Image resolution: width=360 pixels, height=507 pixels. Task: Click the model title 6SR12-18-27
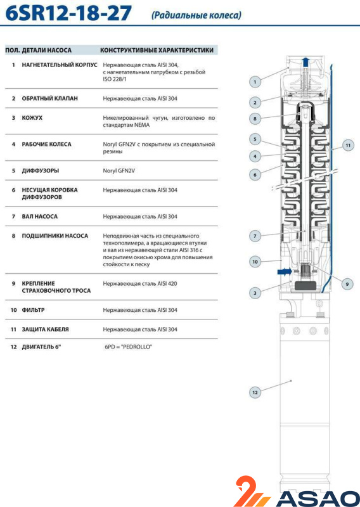[x=68, y=13]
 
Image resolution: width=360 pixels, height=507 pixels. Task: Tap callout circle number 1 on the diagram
[x=255, y=82]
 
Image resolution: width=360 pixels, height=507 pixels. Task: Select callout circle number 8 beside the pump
[x=255, y=119]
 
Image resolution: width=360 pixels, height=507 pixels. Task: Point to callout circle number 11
[x=348, y=145]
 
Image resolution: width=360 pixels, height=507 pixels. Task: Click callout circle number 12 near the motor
[x=255, y=392]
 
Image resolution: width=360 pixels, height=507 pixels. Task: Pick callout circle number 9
[x=347, y=284]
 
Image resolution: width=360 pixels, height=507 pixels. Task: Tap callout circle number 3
[x=255, y=293]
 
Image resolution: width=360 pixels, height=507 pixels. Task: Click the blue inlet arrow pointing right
[x=285, y=272]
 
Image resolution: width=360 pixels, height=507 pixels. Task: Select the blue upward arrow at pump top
[x=305, y=62]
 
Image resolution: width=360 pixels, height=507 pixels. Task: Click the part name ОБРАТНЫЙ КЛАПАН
[x=50, y=98]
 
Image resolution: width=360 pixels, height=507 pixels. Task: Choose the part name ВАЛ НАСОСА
[x=39, y=216]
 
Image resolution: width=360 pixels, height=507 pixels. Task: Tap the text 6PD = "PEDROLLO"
[x=128, y=347]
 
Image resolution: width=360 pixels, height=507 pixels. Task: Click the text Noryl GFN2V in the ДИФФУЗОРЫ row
[x=119, y=170]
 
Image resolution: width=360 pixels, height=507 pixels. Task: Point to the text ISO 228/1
[x=115, y=79]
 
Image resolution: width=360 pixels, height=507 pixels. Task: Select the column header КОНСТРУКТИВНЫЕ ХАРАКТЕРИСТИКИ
[x=157, y=50]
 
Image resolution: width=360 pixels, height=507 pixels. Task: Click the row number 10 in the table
[x=13, y=310]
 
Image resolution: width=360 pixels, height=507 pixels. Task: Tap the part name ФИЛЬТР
[x=34, y=310]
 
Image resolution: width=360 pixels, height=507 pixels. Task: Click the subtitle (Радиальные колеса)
[x=196, y=15]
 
